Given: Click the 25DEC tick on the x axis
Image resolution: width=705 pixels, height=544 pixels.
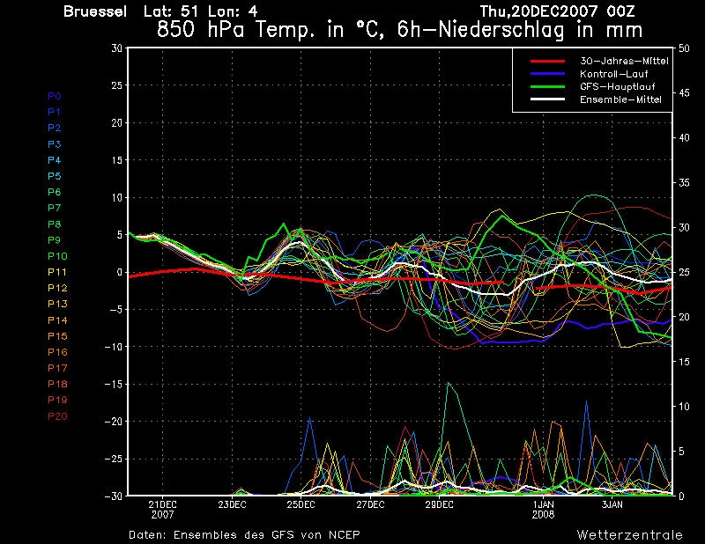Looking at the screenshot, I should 301,504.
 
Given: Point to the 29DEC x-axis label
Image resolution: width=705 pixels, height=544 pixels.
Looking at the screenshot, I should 439,504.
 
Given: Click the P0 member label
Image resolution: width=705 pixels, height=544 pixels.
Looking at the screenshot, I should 55,96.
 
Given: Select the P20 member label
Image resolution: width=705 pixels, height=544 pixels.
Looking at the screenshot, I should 57,416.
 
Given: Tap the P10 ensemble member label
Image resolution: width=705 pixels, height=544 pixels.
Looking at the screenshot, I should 57,256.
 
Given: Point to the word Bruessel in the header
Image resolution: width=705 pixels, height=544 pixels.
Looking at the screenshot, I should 94,11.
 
